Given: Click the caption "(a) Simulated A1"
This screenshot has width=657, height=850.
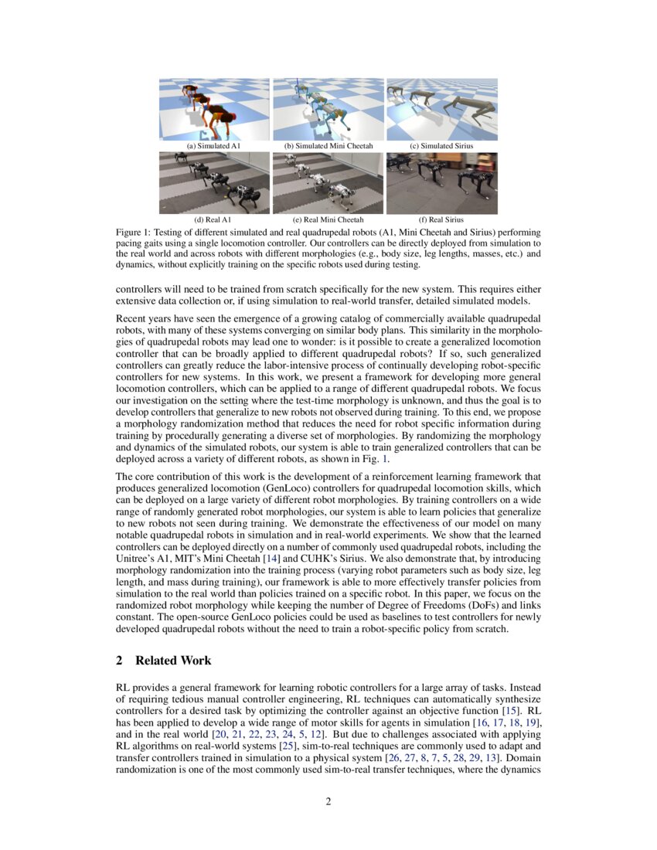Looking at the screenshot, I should coord(214,145).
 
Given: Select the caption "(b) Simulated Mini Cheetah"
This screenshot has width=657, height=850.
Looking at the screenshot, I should coord(328,145).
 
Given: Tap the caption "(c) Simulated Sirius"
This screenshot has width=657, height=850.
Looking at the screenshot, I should coord(441,145).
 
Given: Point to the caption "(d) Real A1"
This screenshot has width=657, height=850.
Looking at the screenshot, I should coord(214,219).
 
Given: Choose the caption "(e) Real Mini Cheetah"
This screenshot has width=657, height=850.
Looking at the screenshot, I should coord(328,219).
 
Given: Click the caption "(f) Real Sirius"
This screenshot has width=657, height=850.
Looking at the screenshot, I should coord(441,219).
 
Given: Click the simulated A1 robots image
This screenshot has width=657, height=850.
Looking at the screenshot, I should coord(214,109).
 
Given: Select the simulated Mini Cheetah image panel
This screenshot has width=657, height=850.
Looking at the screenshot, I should coord(328,109).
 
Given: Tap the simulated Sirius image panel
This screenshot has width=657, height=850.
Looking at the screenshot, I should coord(441,109).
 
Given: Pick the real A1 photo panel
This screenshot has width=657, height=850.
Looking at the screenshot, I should coord(214,183).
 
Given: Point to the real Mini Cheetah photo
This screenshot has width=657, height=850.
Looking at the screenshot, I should coord(328,183).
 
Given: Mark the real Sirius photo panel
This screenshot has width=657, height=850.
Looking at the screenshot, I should coord(441,183).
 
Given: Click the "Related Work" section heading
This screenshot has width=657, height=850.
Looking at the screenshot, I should coord(173,661).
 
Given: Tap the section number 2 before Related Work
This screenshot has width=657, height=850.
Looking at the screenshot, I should coord(119,661).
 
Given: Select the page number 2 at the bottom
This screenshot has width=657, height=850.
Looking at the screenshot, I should coord(328,801).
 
